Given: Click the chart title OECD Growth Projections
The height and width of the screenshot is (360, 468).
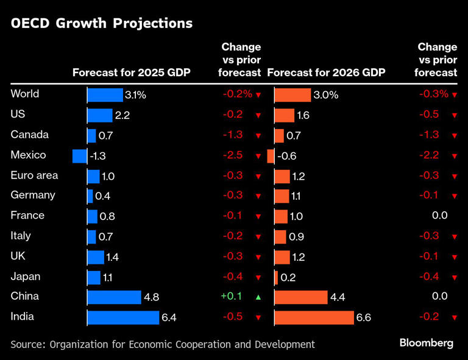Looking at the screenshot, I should pyautogui.click(x=101, y=24).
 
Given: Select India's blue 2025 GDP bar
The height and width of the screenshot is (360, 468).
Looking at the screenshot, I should pyautogui.click(x=123, y=317).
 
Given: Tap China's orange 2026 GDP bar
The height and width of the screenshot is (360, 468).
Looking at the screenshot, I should pyautogui.click(x=301, y=297).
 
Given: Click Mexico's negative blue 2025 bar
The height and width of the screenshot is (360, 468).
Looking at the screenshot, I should pyautogui.click(x=79, y=156).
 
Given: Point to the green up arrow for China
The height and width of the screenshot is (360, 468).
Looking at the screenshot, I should pyautogui.click(x=258, y=297).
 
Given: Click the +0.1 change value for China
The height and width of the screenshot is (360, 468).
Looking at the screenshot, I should pyautogui.click(x=232, y=297).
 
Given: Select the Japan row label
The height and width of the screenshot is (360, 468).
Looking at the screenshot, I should pyautogui.click(x=26, y=277).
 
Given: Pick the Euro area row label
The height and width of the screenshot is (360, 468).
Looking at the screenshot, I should pyautogui.click(x=35, y=175).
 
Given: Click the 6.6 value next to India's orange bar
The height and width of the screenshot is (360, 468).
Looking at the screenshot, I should pyautogui.click(x=363, y=318).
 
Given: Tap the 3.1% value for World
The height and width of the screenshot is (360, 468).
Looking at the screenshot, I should pyautogui.click(x=135, y=95).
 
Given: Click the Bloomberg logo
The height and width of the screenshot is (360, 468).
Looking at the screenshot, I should pyautogui.click(x=427, y=343).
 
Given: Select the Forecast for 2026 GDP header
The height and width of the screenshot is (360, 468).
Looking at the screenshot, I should pyautogui.click(x=326, y=72).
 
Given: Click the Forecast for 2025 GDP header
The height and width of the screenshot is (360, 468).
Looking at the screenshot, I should pyautogui.click(x=132, y=72).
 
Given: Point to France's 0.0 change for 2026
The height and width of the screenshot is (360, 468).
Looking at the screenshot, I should pyautogui.click(x=439, y=216).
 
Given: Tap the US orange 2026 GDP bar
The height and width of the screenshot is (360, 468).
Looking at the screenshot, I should pyautogui.click(x=285, y=115).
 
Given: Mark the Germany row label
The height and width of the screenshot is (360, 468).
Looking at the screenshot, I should pyautogui.click(x=33, y=196).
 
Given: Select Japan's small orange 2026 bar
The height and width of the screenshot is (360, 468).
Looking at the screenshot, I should pyautogui.click(x=277, y=277).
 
